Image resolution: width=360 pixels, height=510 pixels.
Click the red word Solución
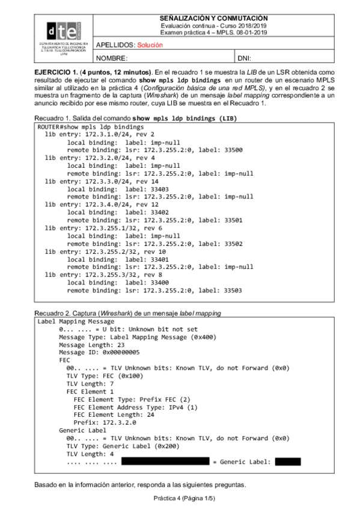pyautogui.click(x=150, y=45)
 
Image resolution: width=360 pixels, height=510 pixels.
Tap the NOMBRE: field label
pyautogui.click(x=112, y=58)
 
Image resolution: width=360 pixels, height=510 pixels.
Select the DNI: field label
pyautogui.click(x=245, y=58)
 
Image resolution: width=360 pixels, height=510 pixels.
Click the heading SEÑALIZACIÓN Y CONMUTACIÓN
pyautogui.click(x=214, y=19)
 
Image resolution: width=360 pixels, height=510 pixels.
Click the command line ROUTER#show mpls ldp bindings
pyautogui.click(x=90, y=127)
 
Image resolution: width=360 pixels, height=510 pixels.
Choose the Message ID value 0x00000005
pyautogui.click(x=114, y=352)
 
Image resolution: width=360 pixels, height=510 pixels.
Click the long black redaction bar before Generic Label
pyautogui.click(x=165, y=462)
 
